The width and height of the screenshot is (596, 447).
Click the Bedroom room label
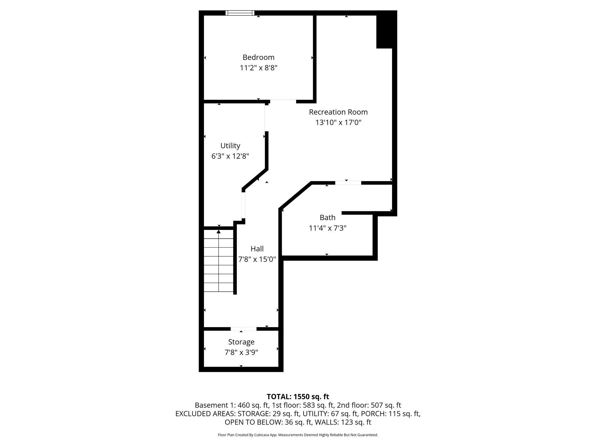(x=258, y=57)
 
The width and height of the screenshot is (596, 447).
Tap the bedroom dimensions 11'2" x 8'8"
(x=258, y=68)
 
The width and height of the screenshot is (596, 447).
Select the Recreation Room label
(x=338, y=112)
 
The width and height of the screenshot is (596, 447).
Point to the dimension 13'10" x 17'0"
(x=338, y=123)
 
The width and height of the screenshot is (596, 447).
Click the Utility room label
(x=230, y=146)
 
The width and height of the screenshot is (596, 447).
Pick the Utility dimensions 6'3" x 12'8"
(x=230, y=156)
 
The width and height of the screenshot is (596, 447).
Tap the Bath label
(x=327, y=217)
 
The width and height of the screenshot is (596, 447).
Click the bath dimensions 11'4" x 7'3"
(x=327, y=228)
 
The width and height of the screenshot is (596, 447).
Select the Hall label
(x=257, y=249)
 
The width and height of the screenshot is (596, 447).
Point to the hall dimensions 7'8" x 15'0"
(x=257, y=259)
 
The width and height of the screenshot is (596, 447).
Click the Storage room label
(x=241, y=342)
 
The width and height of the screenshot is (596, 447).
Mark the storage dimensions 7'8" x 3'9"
(x=241, y=352)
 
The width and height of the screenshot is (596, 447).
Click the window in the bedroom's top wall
(x=240, y=13)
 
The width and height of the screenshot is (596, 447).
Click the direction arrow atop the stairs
(x=219, y=232)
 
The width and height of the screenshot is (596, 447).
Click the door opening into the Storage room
(x=244, y=329)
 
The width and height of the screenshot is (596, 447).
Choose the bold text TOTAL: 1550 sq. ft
(x=298, y=397)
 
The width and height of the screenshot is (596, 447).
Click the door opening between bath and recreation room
(x=348, y=183)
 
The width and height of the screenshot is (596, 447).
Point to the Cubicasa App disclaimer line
(x=298, y=435)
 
